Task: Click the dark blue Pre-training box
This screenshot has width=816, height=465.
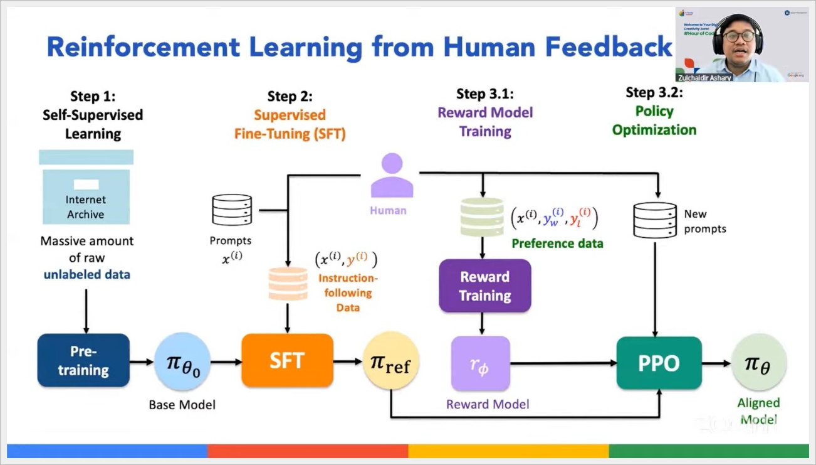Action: pos(83,360)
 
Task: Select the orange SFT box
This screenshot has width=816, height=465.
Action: pos(287,360)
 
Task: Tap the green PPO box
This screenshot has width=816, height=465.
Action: pos(659,363)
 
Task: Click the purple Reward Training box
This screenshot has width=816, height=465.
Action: pos(484,286)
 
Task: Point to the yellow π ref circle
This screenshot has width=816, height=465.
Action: pos(391,362)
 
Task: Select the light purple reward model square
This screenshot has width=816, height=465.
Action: pos(481,363)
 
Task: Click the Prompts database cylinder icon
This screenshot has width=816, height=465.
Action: pos(232,210)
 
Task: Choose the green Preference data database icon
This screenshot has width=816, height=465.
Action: pos(482,216)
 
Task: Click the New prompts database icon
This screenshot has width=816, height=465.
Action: pos(655,220)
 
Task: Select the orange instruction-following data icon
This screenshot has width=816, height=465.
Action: pos(288,284)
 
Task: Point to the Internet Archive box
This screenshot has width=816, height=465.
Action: pos(86,196)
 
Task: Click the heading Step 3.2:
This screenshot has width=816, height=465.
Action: pos(654,93)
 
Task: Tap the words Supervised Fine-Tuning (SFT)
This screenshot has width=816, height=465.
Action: pos(290,124)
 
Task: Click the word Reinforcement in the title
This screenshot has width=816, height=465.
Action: pos(143,48)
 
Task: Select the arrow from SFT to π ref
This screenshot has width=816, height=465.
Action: pos(348,361)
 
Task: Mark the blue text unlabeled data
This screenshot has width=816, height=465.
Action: pos(86,274)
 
